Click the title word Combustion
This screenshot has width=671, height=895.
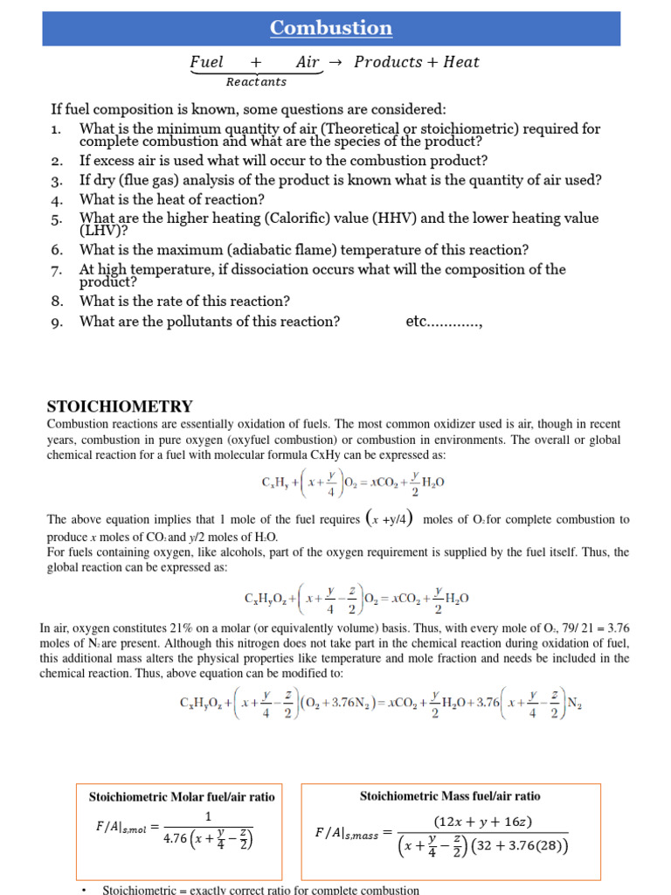[331, 28]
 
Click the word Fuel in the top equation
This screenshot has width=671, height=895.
[207, 62]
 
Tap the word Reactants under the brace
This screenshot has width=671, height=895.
[256, 82]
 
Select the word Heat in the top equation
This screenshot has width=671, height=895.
[461, 62]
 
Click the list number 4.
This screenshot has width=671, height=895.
[57, 199]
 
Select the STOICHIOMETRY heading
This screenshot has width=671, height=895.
[119, 406]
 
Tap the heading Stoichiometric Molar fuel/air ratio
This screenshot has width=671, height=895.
[182, 797]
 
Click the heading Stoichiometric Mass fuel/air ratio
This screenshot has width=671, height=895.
[450, 796]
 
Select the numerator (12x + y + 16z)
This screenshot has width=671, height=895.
[483, 822]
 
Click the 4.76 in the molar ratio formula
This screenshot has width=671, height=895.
[179, 840]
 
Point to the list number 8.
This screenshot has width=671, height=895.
[57, 302]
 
